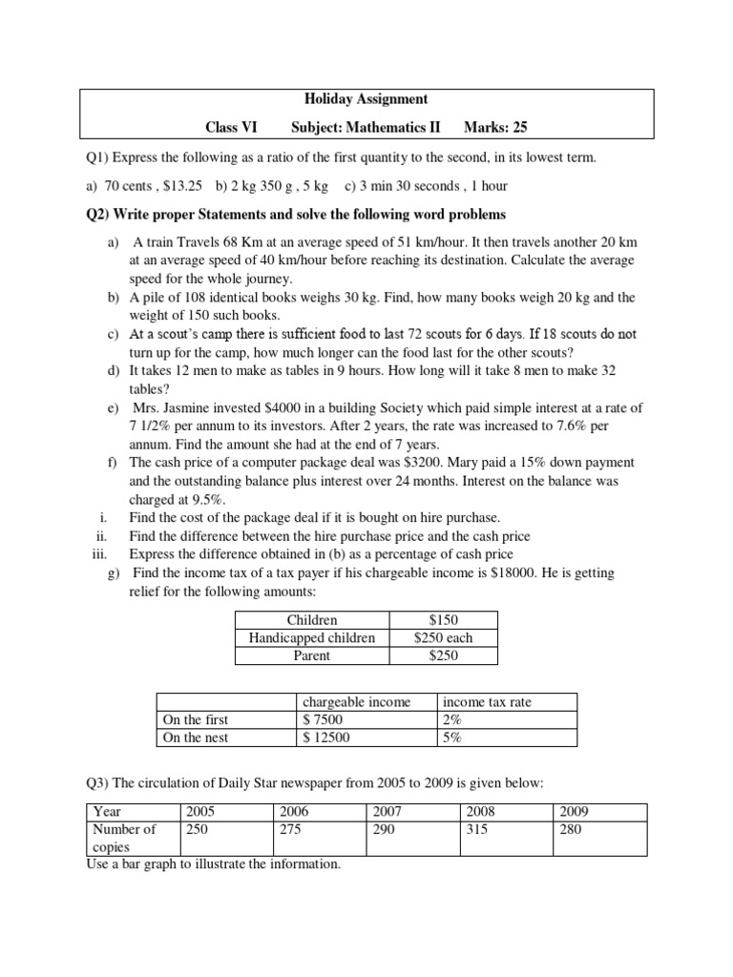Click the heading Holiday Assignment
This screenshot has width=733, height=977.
pyautogui.click(x=366, y=98)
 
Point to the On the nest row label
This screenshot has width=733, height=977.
pyautogui.click(x=196, y=737)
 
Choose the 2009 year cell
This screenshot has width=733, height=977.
pyautogui.click(x=573, y=811)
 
